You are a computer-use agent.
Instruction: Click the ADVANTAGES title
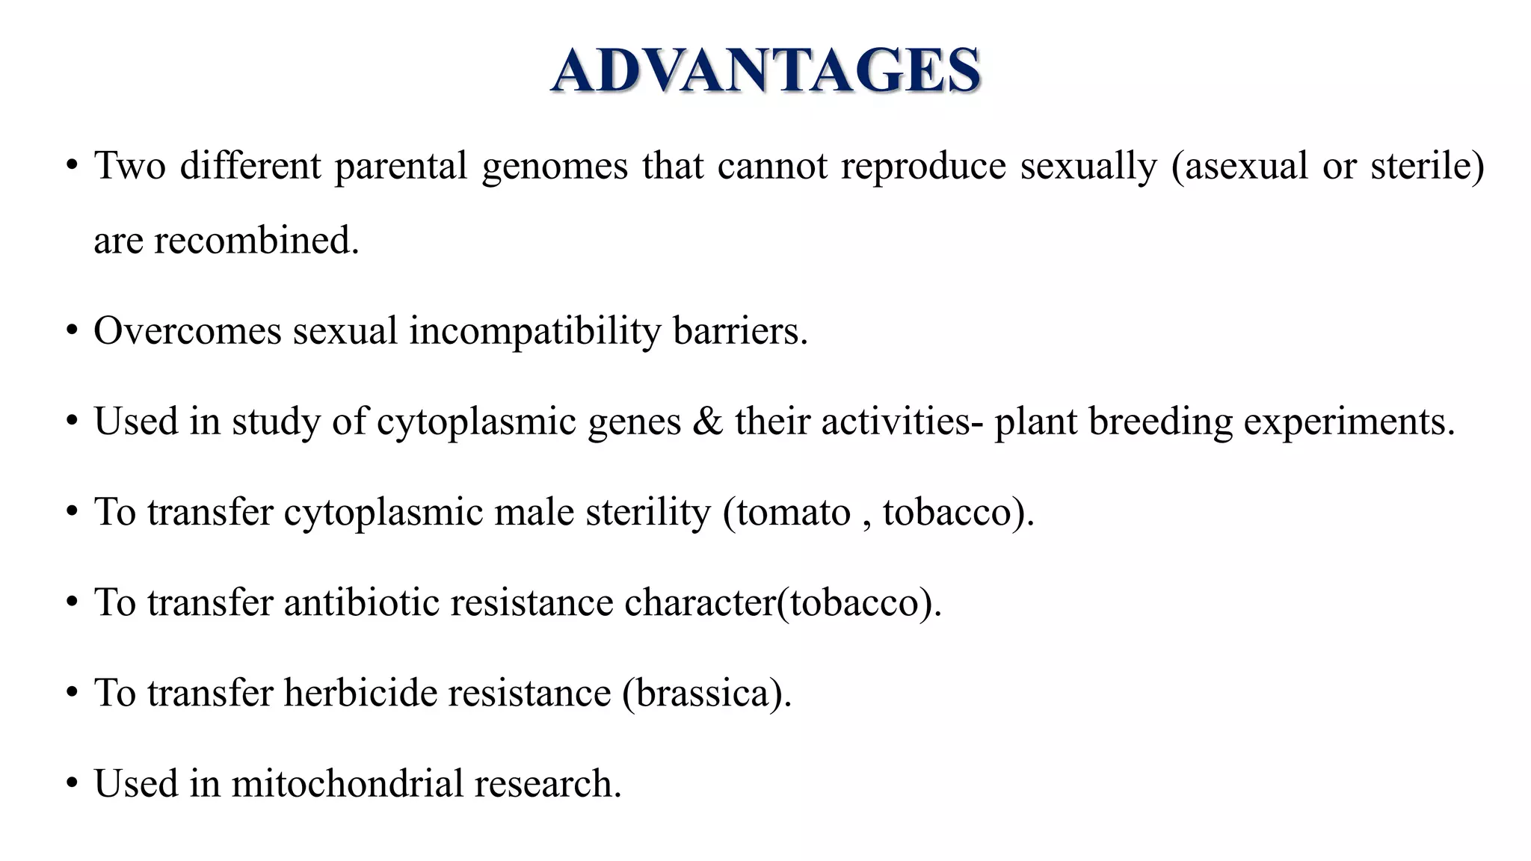765,71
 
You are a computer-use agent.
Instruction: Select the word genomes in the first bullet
555,166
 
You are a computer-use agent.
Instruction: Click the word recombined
256,241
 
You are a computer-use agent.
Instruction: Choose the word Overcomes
187,331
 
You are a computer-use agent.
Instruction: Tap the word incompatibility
535,331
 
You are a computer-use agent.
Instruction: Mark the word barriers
740,331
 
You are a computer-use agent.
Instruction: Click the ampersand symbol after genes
707,422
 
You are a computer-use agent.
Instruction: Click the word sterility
647,513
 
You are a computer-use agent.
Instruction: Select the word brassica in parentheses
703,693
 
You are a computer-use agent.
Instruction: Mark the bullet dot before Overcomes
72,331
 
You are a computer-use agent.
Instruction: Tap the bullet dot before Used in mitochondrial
72,784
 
